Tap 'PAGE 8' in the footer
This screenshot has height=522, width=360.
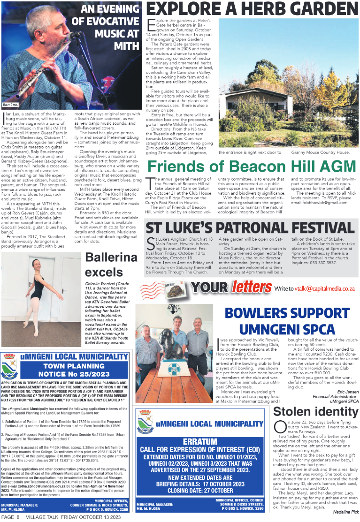(10, 517)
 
